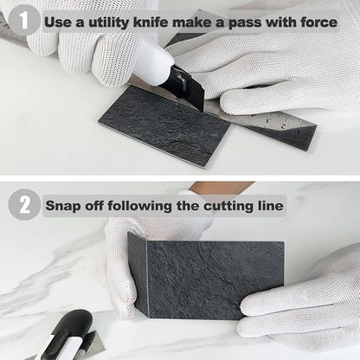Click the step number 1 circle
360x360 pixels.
24,19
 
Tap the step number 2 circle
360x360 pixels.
24,205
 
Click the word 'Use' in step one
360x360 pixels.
58,19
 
